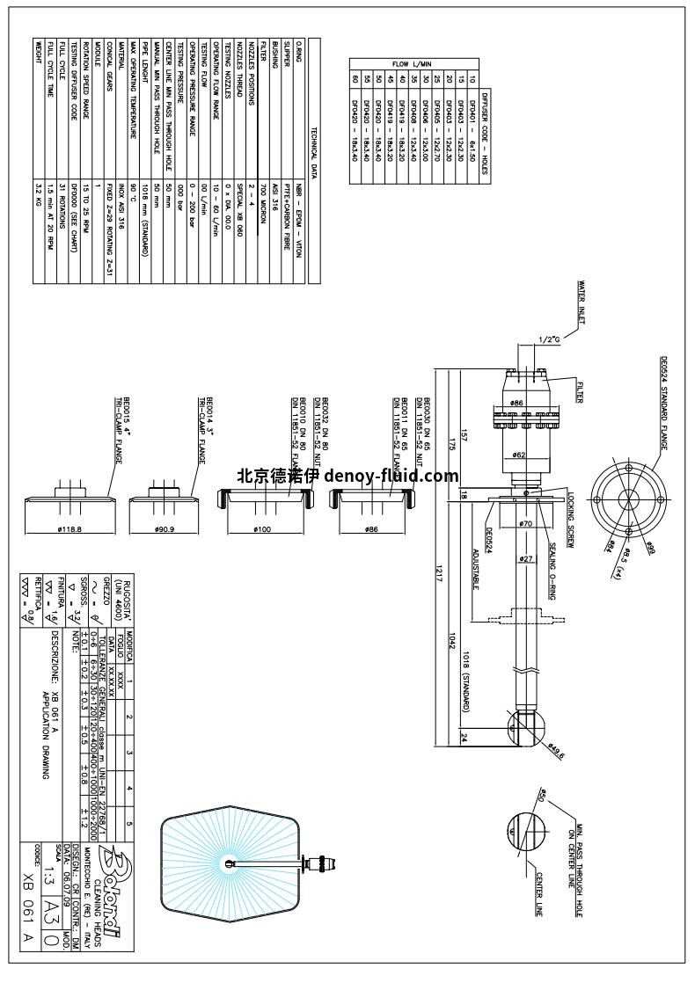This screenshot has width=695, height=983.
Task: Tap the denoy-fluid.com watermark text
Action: coord(347,477)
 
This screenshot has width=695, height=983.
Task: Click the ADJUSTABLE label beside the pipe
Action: coord(476,570)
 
